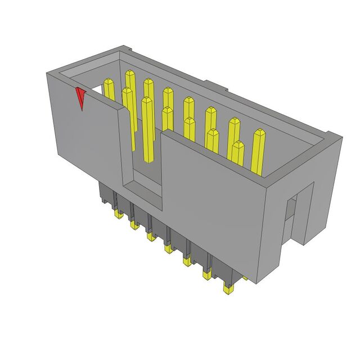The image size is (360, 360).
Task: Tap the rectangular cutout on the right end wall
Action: pyautogui.click(x=290, y=217)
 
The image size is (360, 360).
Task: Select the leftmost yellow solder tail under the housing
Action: pyautogui.click(x=119, y=215)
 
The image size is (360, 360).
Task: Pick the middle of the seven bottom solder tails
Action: pyautogui.click(x=168, y=247)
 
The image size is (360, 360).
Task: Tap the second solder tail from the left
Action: pyautogui.click(x=134, y=225)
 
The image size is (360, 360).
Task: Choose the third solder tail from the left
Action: pyautogui.click(x=150, y=236)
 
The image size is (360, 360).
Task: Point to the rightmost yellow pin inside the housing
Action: pyautogui.click(x=259, y=152)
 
